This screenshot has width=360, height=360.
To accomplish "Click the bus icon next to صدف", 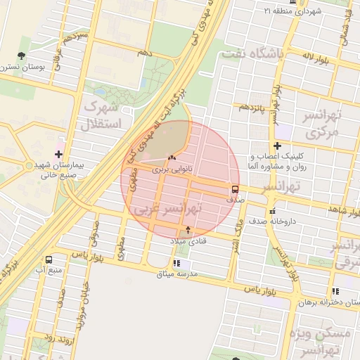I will click(234, 188).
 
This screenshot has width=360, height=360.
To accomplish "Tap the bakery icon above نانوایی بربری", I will click(172, 157).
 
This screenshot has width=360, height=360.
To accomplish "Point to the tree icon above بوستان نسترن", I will click(22, 55).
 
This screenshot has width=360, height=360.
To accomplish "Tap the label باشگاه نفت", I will click(252, 54).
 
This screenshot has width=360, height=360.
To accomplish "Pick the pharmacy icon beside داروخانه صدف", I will click(272, 212).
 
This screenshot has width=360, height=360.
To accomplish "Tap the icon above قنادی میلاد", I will click(188, 230).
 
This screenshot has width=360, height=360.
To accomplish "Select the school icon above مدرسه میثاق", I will click(177, 263).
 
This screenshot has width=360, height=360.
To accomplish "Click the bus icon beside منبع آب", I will click(49, 259).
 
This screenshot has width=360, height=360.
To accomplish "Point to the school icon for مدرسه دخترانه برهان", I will click(336, 291).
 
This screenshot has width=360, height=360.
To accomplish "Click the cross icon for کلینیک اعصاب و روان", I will click(278, 146).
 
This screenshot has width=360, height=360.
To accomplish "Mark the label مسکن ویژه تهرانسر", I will click(319, 342).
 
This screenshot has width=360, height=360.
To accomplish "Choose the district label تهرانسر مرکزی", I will click(321, 122).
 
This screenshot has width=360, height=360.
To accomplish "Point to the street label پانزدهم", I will click(251, 107).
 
